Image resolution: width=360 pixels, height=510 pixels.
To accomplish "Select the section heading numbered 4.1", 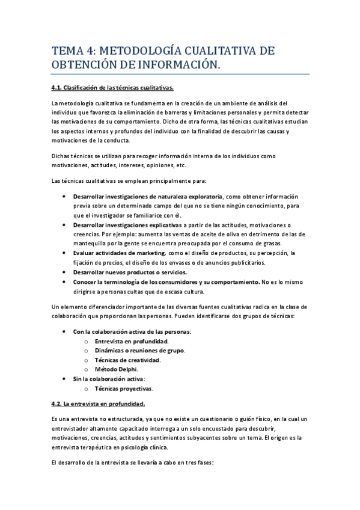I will point(112,88).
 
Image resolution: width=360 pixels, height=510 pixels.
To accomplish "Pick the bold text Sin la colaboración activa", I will point(109,379).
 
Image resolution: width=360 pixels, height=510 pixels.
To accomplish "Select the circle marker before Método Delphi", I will point(87,369).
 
